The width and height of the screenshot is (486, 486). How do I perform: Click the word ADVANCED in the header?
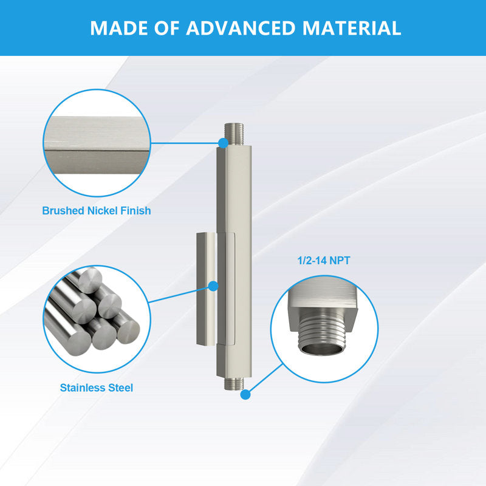pos(240,28)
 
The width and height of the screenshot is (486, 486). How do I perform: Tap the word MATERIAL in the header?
pos(352,28)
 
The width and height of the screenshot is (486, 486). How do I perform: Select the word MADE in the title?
pos(118,28)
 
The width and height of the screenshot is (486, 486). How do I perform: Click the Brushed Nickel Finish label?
pos(97,211)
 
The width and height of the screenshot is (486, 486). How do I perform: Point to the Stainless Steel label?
pos(97,388)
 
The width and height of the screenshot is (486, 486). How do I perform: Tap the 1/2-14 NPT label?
pos(324,261)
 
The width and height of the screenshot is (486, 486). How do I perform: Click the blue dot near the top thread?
pos(223,143)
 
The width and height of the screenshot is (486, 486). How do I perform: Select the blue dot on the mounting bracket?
pos(213,286)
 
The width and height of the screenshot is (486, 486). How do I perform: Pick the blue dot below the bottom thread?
pos(245,394)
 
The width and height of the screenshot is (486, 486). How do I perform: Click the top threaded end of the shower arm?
pos(234,135)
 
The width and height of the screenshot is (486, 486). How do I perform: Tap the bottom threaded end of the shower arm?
pos(234,384)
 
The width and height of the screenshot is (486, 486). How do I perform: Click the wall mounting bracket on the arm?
pos(207,289)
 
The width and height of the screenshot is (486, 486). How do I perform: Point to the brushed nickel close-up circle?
pos(97,143)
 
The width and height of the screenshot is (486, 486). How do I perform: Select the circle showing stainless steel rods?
pos(97,320)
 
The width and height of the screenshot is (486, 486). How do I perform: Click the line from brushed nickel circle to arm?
pos(185,143)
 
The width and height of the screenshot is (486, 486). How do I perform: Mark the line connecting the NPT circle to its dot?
pos(266,378)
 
